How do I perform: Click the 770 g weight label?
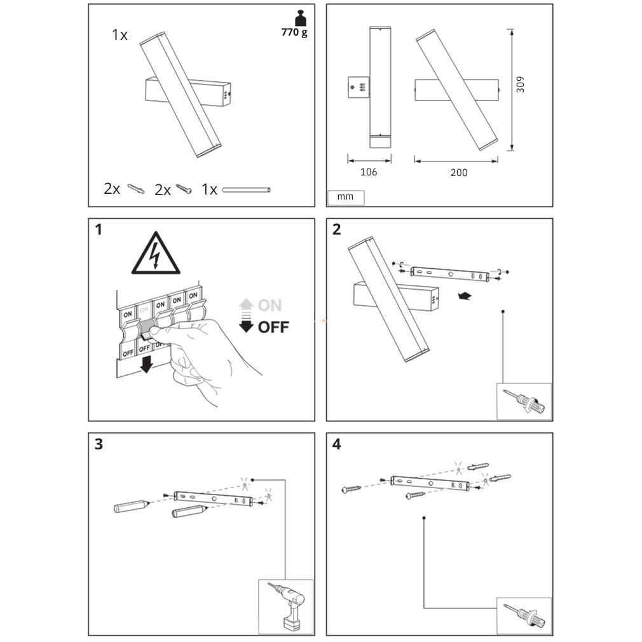(294, 32)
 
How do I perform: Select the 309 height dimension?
(520, 85)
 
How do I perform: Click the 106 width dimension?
(368, 172)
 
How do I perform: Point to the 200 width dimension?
(458, 172)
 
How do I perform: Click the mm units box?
(346, 197)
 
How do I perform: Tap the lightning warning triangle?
(156, 254)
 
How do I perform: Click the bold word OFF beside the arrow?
(273, 327)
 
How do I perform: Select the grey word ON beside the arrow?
(270, 305)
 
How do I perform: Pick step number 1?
(99, 229)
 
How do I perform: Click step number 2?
(337, 229)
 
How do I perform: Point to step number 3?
(99, 444)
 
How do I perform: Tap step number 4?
(337, 444)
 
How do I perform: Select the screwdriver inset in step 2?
(524, 402)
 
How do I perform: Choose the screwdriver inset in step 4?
(524, 615)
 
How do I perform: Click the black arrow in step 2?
(465, 296)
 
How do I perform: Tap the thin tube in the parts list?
(246, 189)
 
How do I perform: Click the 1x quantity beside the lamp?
(120, 36)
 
